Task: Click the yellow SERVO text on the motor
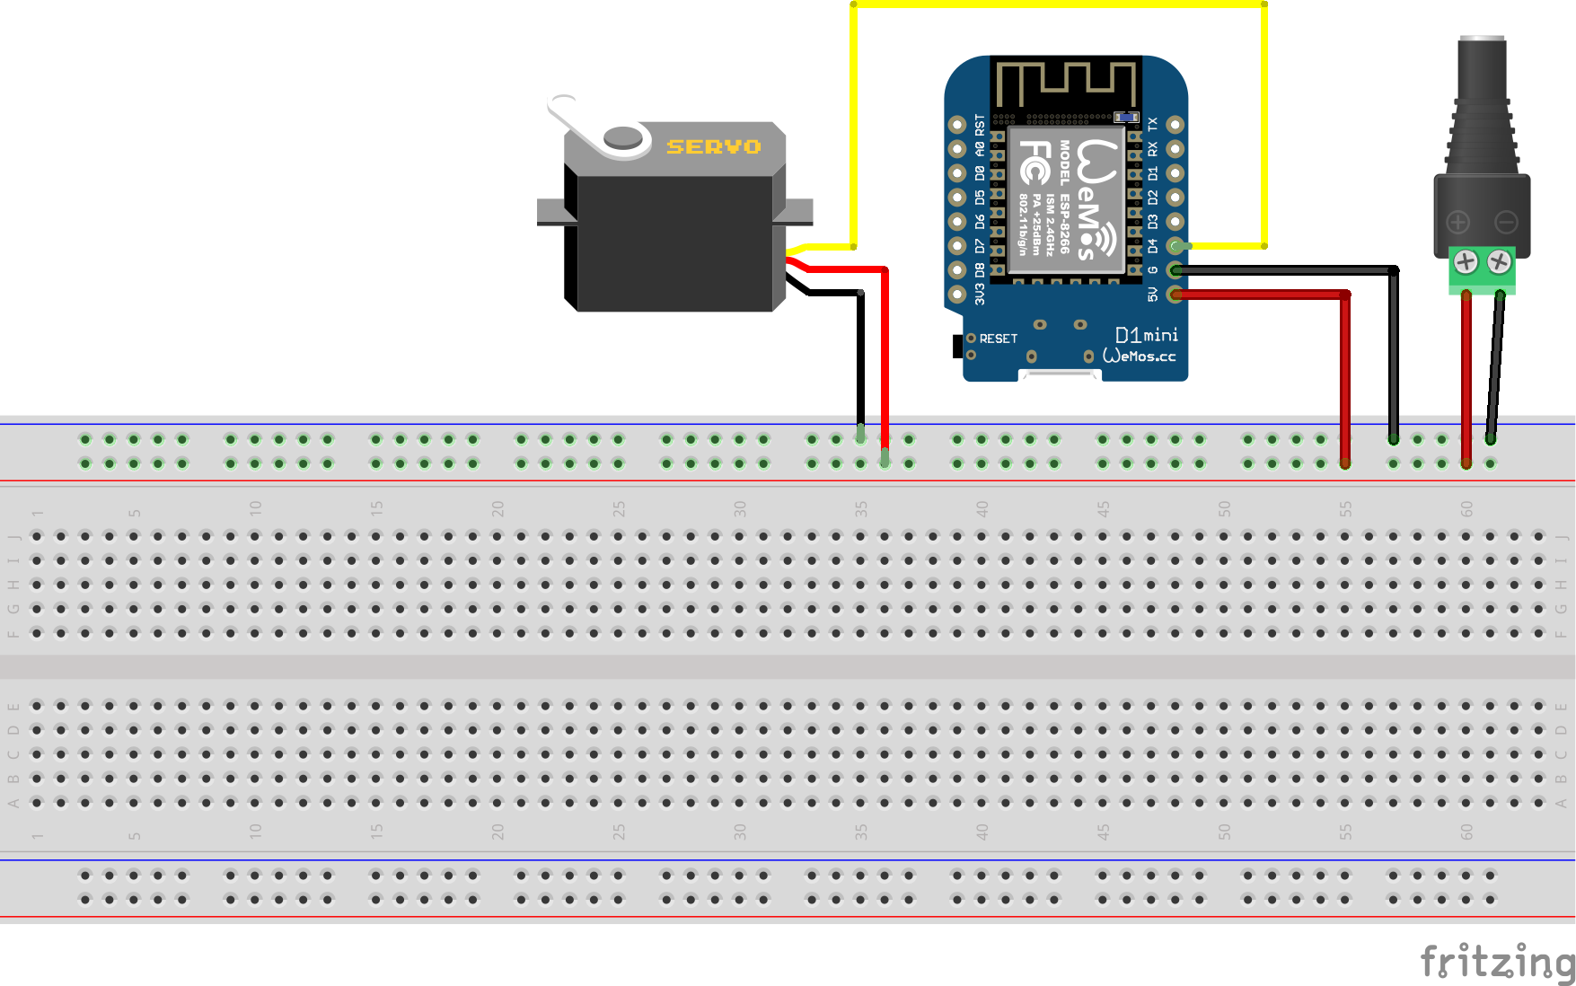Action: pyautogui.click(x=713, y=146)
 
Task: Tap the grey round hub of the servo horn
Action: pyautogui.click(x=623, y=138)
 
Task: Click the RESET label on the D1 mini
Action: pyautogui.click(x=998, y=339)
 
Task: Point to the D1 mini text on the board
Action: pyautogui.click(x=1146, y=335)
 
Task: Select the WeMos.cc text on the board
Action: pyautogui.click(x=1139, y=357)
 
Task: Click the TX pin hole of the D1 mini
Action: pyautogui.click(x=1175, y=125)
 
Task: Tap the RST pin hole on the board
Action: pyautogui.click(x=957, y=125)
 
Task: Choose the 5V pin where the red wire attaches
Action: pyautogui.click(x=1175, y=294)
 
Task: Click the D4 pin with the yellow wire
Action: pyautogui.click(x=1175, y=245)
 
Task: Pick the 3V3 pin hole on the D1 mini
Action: pyautogui.click(x=957, y=294)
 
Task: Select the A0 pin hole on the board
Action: pyautogui.click(x=957, y=149)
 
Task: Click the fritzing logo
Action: pyautogui.click(x=1497, y=962)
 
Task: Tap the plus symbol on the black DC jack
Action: pyautogui.click(x=1458, y=222)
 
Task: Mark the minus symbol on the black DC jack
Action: pyautogui.click(x=1506, y=222)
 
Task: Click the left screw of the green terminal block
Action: pyautogui.click(x=1466, y=262)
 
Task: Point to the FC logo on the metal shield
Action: pyautogui.click(x=1035, y=163)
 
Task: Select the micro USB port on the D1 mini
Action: pyautogui.click(x=1060, y=374)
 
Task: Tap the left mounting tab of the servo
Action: pyautogui.click(x=551, y=212)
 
